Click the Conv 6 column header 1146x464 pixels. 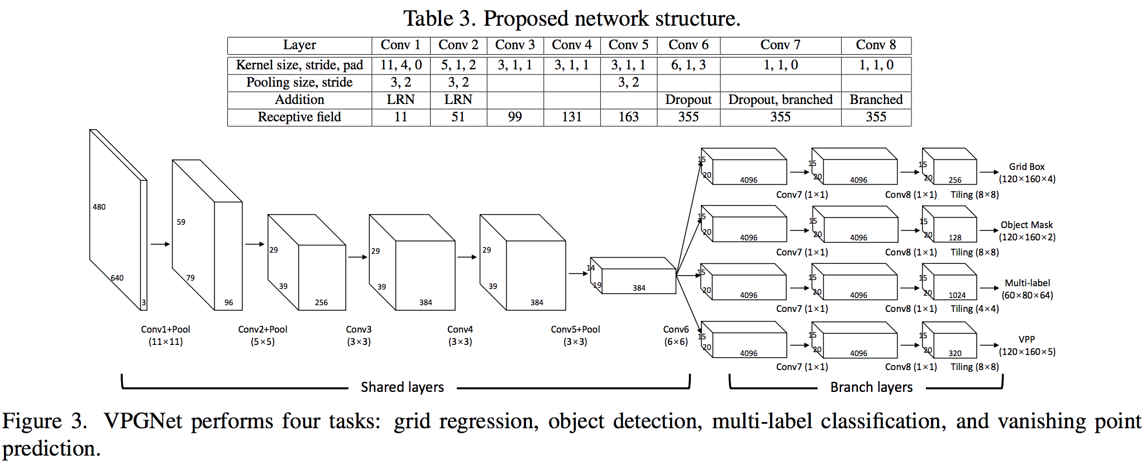click(688, 45)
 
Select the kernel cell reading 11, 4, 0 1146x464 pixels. click(401, 65)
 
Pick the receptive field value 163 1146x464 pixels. click(628, 117)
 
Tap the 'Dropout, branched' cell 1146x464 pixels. click(780, 100)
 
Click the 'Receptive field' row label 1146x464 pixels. click(299, 117)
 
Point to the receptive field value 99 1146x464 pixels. click(515, 117)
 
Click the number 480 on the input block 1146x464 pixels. click(99, 207)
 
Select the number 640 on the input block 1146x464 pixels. click(117, 278)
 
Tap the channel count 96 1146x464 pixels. click(228, 302)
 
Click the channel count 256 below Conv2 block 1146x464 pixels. click(321, 302)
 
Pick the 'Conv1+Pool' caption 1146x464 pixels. click(165, 329)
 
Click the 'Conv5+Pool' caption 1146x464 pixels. click(575, 329)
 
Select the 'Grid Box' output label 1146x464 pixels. click(1026, 167)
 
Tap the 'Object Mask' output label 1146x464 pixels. click(1026, 225)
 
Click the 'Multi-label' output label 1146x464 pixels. click(1027, 283)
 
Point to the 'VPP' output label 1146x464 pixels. click(1026, 339)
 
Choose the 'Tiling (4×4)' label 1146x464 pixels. click(975, 309)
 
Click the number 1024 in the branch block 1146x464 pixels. click(957, 295)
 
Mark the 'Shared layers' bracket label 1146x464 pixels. click(402, 387)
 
